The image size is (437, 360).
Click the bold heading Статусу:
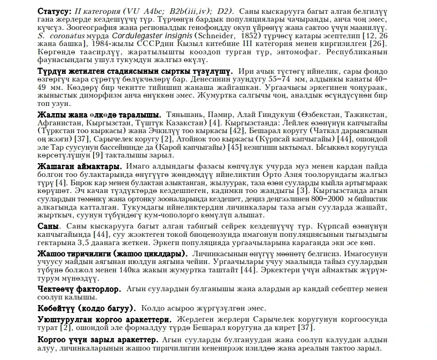(x=54, y=12)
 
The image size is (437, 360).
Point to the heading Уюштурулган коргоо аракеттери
(x=104, y=320)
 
